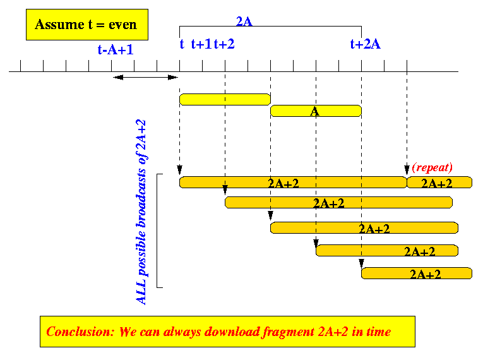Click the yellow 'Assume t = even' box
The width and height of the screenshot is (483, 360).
coord(87,25)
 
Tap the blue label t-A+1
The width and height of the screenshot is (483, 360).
coord(116,50)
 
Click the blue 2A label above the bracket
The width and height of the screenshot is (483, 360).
coord(244,21)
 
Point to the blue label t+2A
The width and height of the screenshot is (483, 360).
coord(366,44)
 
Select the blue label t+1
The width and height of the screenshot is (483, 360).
coord(201,44)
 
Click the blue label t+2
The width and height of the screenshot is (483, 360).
coord(224,44)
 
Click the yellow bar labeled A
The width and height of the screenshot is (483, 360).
coord(316,111)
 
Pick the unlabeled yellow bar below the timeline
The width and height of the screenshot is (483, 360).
coord(225,99)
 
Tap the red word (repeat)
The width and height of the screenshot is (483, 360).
coord(432,167)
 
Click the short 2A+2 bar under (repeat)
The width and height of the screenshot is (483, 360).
coord(439,183)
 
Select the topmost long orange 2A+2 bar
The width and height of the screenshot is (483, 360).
coord(293,183)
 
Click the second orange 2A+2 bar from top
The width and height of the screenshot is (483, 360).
coord(338,203)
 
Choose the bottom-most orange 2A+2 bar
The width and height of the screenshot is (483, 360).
coord(417,273)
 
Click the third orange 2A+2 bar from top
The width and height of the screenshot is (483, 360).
coord(364,228)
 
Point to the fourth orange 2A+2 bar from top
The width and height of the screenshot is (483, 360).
coord(387,251)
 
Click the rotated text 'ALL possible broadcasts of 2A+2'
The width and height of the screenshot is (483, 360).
coord(141,212)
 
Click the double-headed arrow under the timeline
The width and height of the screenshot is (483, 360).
coord(145,77)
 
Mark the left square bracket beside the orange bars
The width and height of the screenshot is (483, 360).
coord(157,231)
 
